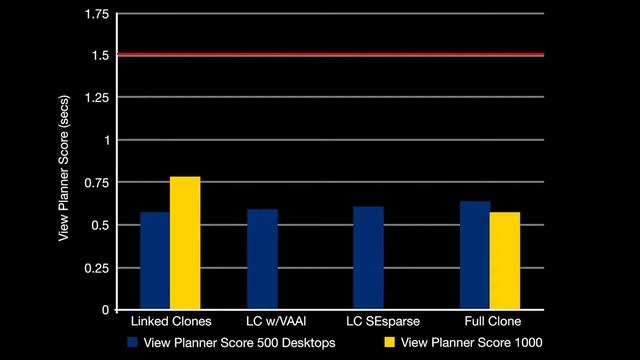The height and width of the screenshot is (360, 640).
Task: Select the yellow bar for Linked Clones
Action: coord(185,243)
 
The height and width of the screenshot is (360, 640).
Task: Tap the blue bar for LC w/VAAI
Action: coord(262,259)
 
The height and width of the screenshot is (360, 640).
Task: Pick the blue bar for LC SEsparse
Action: coord(368,258)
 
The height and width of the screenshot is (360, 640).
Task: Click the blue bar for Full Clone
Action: coord(475,255)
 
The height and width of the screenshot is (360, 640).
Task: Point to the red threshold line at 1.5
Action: coord(330,54)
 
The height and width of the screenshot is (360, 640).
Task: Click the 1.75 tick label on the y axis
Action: coord(98,14)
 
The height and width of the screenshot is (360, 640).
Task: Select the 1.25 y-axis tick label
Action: coord(98,97)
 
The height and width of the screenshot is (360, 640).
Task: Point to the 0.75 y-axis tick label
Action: coord(98,183)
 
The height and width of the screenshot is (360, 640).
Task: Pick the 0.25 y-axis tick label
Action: coord(98,268)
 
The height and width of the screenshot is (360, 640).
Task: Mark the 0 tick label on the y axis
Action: coord(106,310)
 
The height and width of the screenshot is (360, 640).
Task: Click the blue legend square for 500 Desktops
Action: coord(132,343)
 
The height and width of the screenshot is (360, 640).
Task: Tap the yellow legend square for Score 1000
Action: coord(391,343)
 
